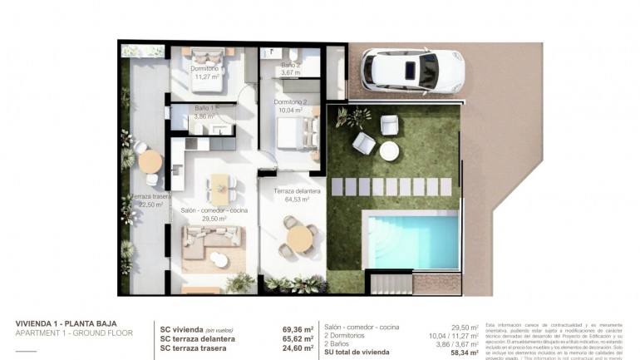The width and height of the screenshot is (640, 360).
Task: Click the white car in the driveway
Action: (412, 70)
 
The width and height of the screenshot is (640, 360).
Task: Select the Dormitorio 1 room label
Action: (204, 69)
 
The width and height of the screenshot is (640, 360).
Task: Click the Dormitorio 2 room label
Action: (291, 102)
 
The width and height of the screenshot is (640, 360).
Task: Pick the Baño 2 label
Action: (291, 64)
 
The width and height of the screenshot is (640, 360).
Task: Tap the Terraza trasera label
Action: (150, 197)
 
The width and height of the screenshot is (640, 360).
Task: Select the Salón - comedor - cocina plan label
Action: (214, 210)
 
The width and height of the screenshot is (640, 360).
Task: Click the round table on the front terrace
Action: (299, 238)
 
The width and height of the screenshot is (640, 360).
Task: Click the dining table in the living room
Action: (220, 187)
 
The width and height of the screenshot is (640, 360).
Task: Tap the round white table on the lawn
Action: (389, 150)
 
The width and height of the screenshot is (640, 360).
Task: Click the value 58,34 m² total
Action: (464, 353)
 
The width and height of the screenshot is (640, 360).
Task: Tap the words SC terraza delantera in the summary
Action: (197, 338)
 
